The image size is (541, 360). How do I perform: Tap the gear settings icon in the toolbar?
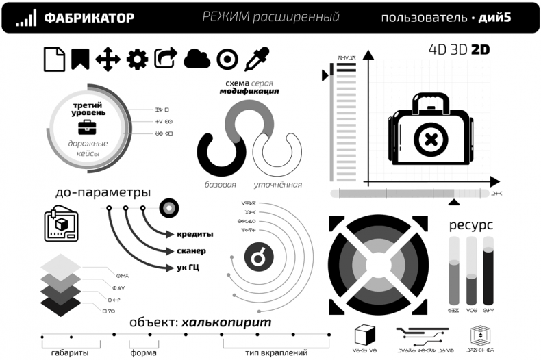point(137,60)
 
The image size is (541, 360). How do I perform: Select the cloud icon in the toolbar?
point(197,59)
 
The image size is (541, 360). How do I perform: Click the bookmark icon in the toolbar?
point(80,60)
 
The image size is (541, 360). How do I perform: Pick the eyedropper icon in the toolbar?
point(256,60)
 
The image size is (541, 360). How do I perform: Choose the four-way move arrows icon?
point(108,60)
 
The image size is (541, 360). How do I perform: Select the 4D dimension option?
point(439,50)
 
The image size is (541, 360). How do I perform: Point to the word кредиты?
point(195,234)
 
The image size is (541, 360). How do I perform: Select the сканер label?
point(192,250)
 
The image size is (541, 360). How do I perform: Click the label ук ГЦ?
point(188,267)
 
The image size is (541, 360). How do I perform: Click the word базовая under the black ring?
point(221,185)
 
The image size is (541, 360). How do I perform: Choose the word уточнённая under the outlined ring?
point(278,185)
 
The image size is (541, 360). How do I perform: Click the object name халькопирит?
point(227,322)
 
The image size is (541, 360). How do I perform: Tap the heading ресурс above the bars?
point(471,224)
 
